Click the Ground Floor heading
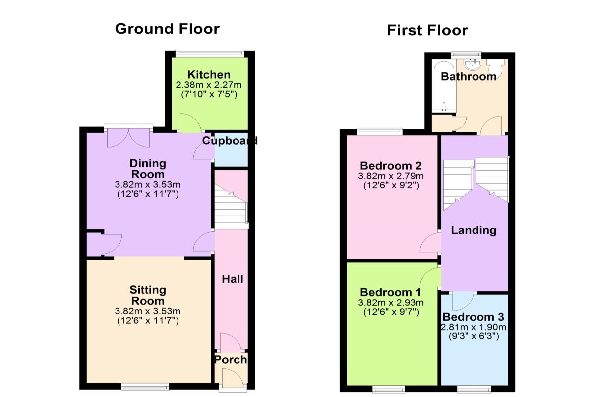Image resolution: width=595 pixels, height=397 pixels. pyautogui.click(x=167, y=29)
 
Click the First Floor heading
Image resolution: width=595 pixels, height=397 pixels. pyautogui.click(x=427, y=30)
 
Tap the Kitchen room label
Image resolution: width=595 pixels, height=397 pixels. pyautogui.click(x=209, y=75)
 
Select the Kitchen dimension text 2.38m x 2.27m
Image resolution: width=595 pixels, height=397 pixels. pyautogui.click(x=209, y=85)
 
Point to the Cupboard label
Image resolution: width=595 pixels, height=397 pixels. pyautogui.click(x=230, y=140)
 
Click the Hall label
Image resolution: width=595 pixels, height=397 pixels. pyautogui.click(x=233, y=279)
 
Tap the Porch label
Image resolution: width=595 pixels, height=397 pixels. pyautogui.click(x=231, y=360)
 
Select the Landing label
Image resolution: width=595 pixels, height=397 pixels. pyautogui.click(x=474, y=230)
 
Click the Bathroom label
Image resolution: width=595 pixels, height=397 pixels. pyautogui.click(x=469, y=76)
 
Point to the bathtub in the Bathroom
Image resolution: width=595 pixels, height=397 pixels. pyautogui.click(x=444, y=86)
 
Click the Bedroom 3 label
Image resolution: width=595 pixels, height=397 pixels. pyautogui.click(x=474, y=317)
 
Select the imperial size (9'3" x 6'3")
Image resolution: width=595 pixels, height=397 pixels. pyautogui.click(x=474, y=336)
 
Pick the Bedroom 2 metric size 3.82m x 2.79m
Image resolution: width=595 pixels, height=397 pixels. pyautogui.click(x=391, y=176)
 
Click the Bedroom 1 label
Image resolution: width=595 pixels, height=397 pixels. pyautogui.click(x=391, y=292)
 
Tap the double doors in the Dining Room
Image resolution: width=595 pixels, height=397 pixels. pyautogui.click(x=128, y=138)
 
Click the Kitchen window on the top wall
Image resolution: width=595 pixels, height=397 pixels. pyautogui.click(x=210, y=53)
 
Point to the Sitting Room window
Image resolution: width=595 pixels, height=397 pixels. pyautogui.click(x=145, y=387)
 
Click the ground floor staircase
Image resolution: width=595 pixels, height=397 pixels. pyautogui.click(x=231, y=206)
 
